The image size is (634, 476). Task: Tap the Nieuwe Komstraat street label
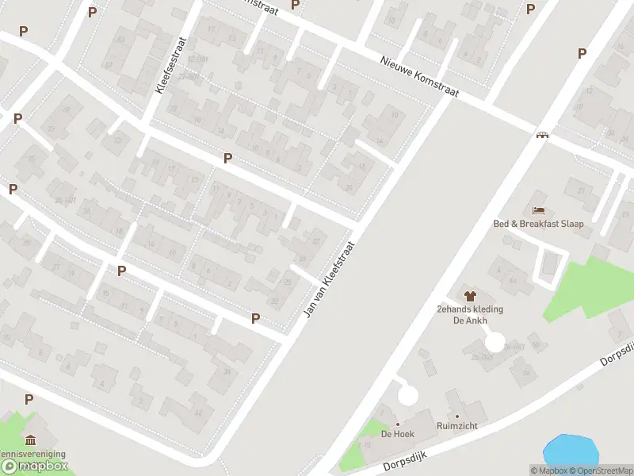[x=419, y=77]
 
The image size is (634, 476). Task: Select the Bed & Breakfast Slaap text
[x=538, y=224]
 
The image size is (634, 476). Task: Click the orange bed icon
[x=539, y=210]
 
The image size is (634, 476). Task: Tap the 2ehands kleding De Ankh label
[x=470, y=315]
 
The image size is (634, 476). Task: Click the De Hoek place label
[x=398, y=434]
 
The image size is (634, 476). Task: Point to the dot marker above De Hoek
[x=398, y=424]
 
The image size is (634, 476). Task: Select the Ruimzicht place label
[x=457, y=426]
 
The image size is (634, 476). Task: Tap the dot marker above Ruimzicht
[x=457, y=416]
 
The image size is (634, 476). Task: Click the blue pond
[x=570, y=450]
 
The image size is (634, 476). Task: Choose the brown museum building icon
[x=31, y=441]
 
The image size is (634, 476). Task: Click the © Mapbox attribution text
[x=548, y=470]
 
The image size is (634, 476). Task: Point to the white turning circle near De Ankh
[x=495, y=343]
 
